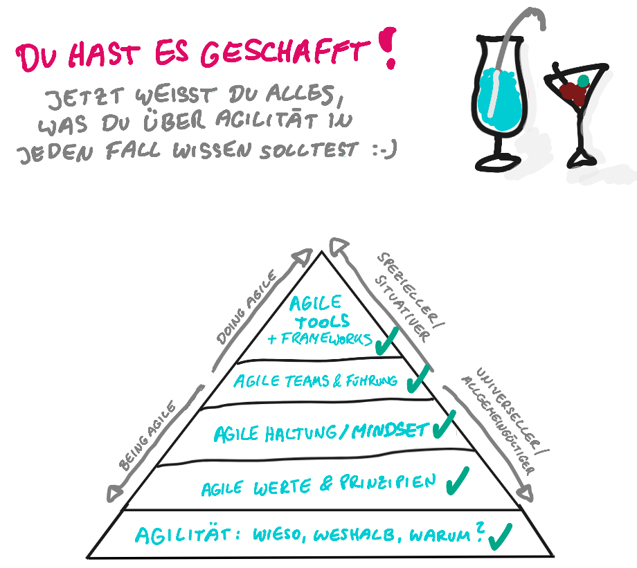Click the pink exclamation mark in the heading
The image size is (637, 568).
[x=389, y=47]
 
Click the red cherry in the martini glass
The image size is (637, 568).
[x=571, y=91]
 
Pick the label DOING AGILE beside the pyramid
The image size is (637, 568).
[x=247, y=308]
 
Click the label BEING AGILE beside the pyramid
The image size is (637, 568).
[x=150, y=436]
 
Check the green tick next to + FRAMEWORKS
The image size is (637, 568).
[x=386, y=340]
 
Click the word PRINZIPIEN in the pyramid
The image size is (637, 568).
[x=388, y=482]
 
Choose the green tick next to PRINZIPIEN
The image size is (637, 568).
[x=457, y=479]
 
